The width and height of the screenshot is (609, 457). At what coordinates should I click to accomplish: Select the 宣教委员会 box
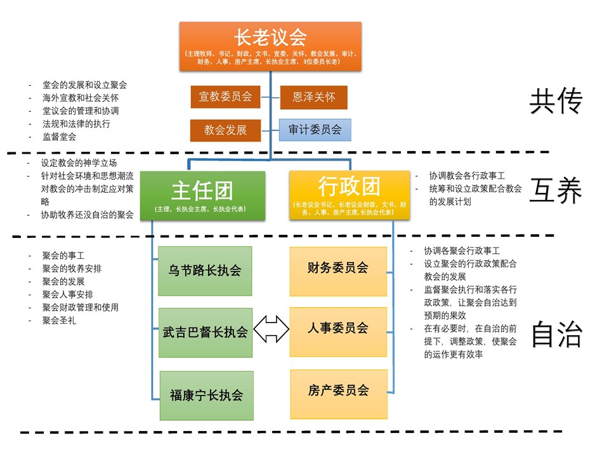[x=225, y=97]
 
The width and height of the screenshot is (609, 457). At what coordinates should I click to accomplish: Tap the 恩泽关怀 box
[x=313, y=97]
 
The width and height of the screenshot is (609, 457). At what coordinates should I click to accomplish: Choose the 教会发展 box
[x=225, y=130]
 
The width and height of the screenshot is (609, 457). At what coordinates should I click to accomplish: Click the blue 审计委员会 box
[x=315, y=130]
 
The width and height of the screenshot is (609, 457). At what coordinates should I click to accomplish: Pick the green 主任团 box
[x=202, y=195]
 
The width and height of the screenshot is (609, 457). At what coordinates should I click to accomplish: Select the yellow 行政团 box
[x=349, y=195]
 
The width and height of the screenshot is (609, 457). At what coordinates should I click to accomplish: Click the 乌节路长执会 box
[x=205, y=271]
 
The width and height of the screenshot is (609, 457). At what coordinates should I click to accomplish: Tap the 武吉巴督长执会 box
[x=205, y=332]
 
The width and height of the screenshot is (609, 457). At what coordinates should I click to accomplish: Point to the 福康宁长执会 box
[x=205, y=395]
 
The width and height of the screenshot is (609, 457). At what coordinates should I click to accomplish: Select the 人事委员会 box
[x=338, y=329]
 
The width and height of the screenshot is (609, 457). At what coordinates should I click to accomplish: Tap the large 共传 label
[x=556, y=102]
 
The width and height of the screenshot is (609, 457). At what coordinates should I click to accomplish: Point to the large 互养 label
[x=556, y=191]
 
